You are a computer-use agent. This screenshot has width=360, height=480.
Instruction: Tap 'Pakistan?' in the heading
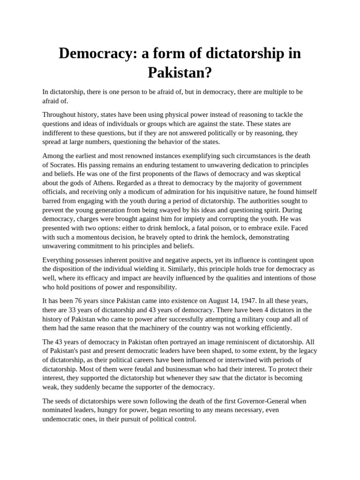pos(180,72)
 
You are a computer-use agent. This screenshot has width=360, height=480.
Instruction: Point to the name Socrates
pos(63,165)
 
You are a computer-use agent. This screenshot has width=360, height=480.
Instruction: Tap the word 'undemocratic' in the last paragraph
pos(63,419)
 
